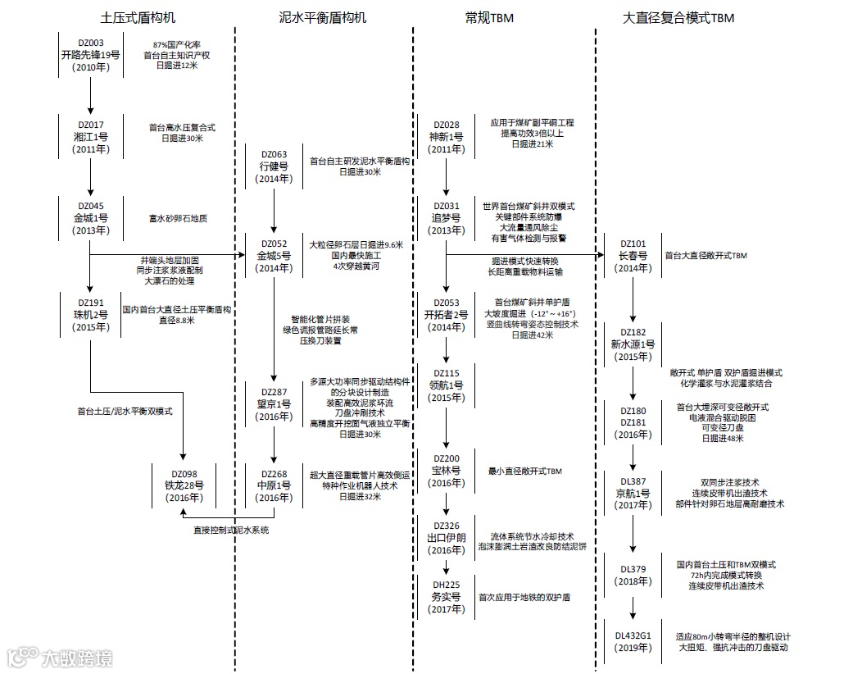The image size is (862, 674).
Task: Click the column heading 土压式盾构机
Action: pyautogui.click(x=138, y=17)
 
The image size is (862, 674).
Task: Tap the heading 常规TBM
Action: pyautogui.click(x=488, y=17)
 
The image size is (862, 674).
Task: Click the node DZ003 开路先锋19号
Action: pyautogui.click(x=91, y=55)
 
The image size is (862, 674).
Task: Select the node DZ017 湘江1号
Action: pyautogui.click(x=91, y=136)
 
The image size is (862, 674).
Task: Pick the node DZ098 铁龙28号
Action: pyautogui.click(x=182, y=485)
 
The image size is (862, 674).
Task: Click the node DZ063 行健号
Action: pyautogui.click(x=274, y=166)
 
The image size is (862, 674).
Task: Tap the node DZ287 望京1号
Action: pyautogui.click(x=274, y=404)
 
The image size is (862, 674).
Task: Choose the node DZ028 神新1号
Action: pyautogui.click(x=446, y=137)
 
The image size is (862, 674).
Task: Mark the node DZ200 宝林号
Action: pyautogui.click(x=446, y=471)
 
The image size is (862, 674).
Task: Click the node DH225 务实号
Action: pyautogui.click(x=446, y=597)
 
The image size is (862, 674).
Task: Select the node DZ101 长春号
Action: pyautogui.click(x=633, y=255)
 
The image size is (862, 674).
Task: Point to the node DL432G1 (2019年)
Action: pyautogui.click(x=633, y=641)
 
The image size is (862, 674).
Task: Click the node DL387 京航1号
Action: pyautogui.click(x=633, y=493)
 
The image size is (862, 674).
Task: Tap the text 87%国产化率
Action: pyautogui.click(x=176, y=44)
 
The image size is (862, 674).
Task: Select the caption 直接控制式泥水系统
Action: pyautogui.click(x=231, y=530)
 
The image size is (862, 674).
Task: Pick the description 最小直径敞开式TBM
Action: pyautogui.click(x=524, y=471)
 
